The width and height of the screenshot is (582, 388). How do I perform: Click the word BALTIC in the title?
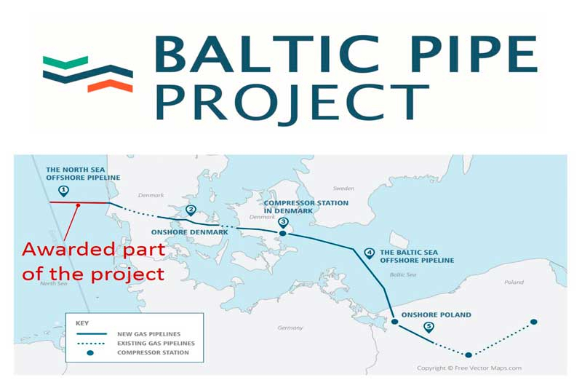[266, 54]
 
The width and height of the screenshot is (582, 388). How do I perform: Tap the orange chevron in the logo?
[111, 86]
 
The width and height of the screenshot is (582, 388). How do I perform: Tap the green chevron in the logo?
[65, 62]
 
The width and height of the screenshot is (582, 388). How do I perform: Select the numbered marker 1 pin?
[64, 191]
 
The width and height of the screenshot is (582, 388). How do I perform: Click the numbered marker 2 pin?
[191, 210]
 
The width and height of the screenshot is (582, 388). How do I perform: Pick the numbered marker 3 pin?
[283, 223]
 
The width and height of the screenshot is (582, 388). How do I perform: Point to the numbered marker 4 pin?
[369, 253]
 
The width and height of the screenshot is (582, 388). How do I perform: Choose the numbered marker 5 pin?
[428, 327]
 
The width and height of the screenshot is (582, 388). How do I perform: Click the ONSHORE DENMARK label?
[190, 232]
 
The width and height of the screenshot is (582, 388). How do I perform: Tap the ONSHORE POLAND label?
[436, 315]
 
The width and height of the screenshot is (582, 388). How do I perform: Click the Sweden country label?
[343, 189]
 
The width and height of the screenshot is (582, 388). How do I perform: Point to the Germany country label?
[290, 328]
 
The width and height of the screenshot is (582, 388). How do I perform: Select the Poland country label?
[514, 282]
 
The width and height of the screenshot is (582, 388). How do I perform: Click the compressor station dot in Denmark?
[283, 233]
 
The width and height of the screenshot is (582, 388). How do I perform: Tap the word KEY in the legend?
[82, 323]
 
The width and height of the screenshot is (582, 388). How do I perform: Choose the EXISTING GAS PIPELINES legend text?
[156, 344]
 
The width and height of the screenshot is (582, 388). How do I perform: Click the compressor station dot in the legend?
[90, 353]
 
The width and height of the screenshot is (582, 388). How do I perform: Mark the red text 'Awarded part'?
[94, 250]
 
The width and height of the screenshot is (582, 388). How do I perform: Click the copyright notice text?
[469, 368]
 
